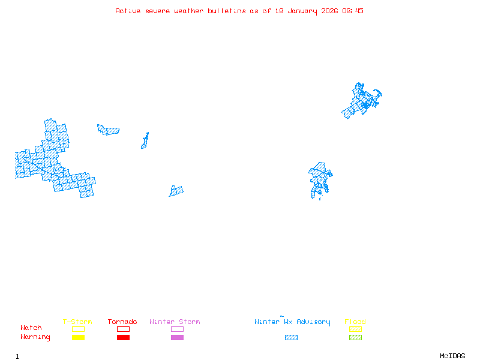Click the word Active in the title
[128, 11]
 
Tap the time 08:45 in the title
[353, 11]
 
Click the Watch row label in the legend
[31, 328]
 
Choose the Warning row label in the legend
[35, 337]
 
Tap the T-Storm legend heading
[77, 322]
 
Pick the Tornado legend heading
[122, 322]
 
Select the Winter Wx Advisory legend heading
[292, 322]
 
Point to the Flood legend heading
[355, 322]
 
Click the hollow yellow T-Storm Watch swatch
[78, 329]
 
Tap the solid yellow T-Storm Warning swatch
[78, 337]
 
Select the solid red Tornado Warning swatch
[123, 337]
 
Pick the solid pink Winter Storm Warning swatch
[177, 337]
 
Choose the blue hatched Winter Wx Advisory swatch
[291, 337]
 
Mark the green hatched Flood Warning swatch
[355, 337]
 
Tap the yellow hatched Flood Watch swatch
[355, 329]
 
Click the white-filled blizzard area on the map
[22, 158]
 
